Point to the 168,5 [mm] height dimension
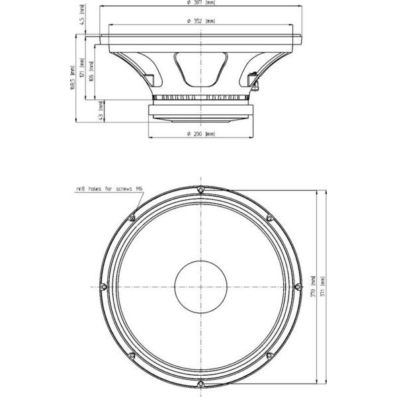(x=71, y=78)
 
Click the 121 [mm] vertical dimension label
(x=81, y=67)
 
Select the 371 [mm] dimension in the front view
(x=322, y=288)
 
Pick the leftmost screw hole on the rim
(x=103, y=287)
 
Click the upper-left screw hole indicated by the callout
(x=132, y=218)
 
